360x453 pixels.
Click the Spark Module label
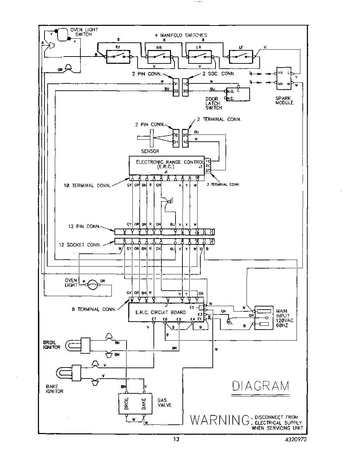coord(284,100)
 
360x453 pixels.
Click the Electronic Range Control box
coord(167,166)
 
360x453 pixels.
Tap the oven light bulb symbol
coord(92,285)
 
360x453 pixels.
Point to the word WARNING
coord(220,420)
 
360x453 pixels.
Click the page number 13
coord(176,440)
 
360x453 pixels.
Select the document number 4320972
coord(296,440)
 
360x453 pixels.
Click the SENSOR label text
coord(150,151)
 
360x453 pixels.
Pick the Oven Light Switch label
coord(84,32)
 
